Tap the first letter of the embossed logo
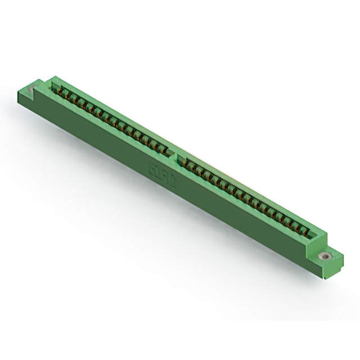pyautogui.click(x=151, y=167)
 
